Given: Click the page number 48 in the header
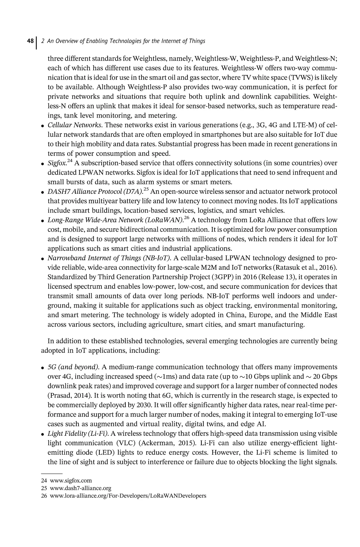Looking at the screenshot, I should pyautogui.click(x=30, y=41).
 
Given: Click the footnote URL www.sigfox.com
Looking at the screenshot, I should pyautogui.click(x=70, y=481).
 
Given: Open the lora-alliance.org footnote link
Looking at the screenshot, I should pyautogui.click(x=128, y=496).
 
